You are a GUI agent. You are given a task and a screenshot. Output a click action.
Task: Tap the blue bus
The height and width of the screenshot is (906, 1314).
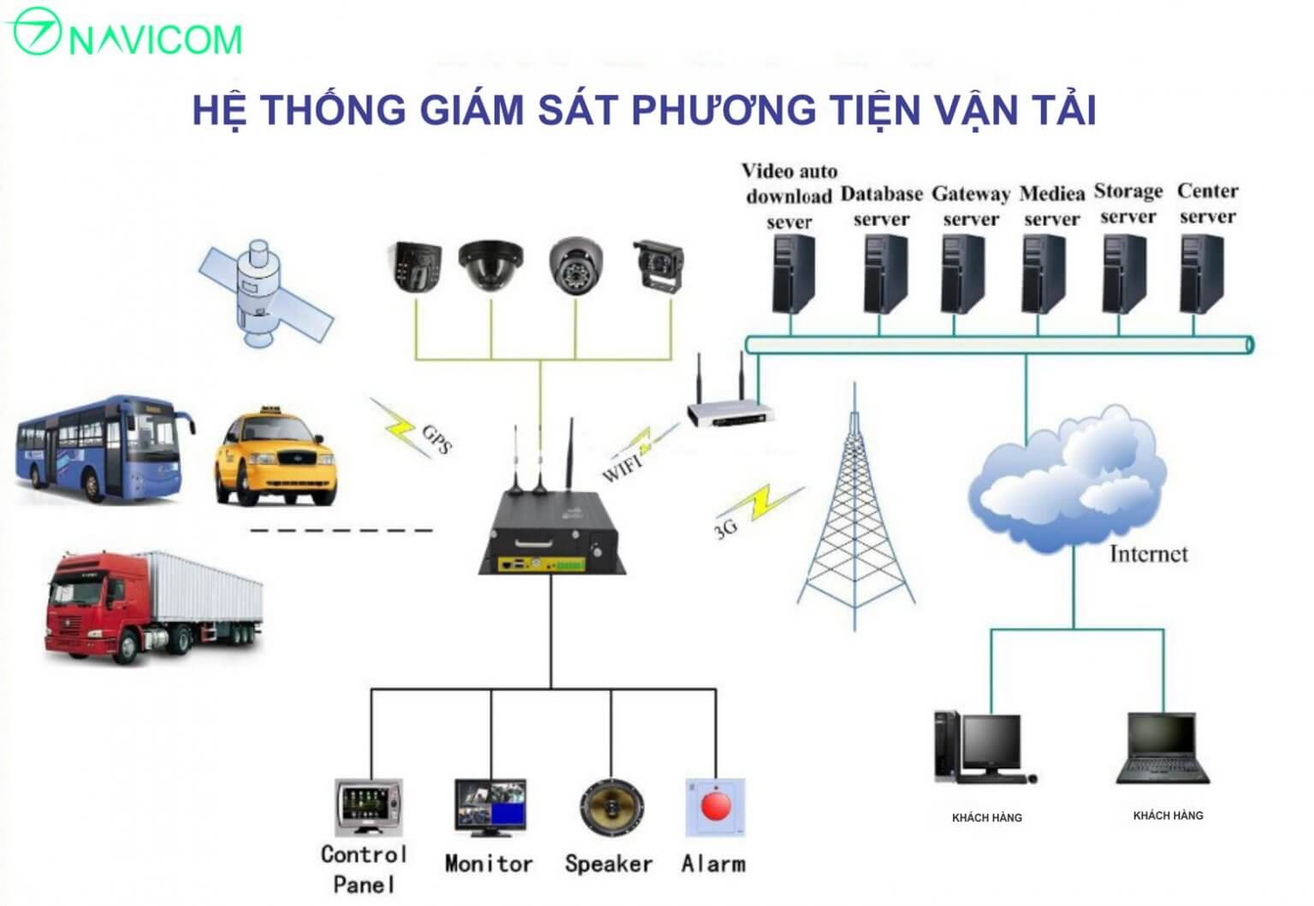(103, 449)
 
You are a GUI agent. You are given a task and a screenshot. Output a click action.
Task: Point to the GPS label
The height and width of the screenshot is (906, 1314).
(436, 438)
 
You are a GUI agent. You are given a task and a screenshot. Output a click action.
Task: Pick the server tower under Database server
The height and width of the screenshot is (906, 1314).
(884, 274)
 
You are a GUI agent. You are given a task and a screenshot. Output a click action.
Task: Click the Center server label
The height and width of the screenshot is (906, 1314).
(1207, 203)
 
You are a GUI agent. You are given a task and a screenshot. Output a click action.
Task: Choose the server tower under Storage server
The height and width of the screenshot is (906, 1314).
(1124, 274)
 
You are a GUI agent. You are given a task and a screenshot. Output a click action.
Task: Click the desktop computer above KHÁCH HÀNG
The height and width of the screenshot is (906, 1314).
(984, 748)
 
